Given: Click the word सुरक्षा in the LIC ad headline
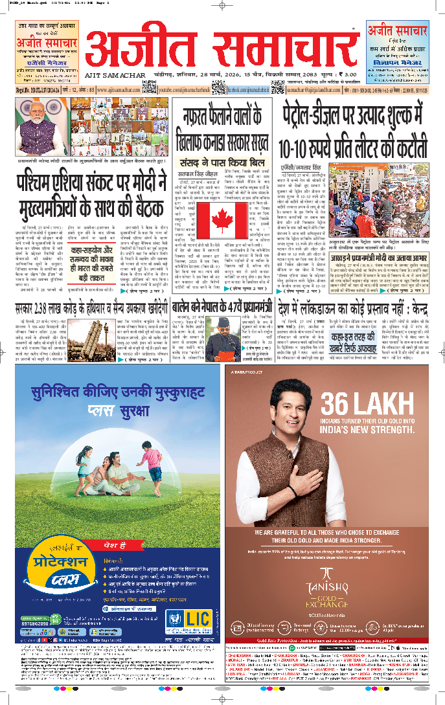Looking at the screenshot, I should click(143, 409).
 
